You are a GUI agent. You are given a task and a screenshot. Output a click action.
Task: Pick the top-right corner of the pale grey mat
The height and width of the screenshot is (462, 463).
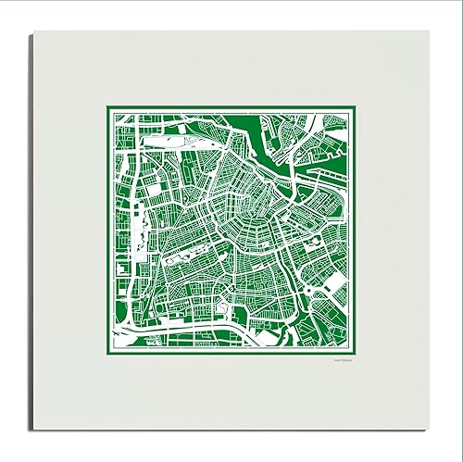[429, 31]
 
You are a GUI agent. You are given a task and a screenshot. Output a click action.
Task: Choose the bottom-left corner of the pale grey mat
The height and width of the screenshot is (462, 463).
[33, 429]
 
